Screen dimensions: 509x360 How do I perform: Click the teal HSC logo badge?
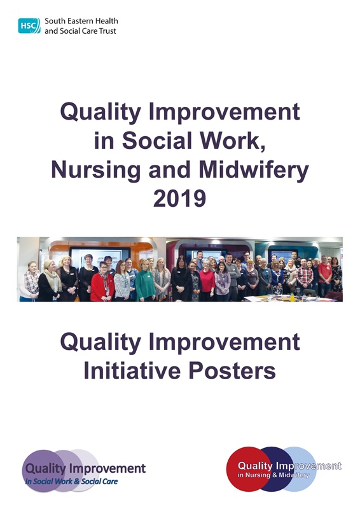(x=29, y=25)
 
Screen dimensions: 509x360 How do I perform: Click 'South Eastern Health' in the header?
(x=81, y=21)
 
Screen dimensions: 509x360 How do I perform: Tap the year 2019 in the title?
(x=180, y=199)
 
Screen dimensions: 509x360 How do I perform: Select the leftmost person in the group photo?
(x=30, y=282)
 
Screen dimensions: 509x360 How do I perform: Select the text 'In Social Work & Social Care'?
(x=71, y=482)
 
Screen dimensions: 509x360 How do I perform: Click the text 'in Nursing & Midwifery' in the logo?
(x=274, y=475)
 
